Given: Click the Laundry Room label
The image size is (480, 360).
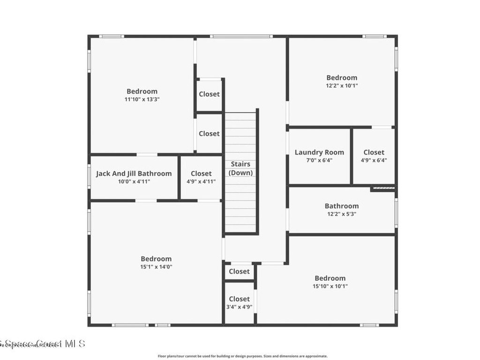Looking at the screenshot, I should tap(319, 152).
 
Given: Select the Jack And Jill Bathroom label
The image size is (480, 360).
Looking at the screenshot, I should tap(134, 173).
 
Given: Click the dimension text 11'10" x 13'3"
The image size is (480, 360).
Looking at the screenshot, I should tap(142, 99).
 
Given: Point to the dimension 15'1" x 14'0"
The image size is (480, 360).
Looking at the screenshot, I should tap(156, 267).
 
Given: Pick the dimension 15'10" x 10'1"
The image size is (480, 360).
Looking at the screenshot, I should tap(330, 286).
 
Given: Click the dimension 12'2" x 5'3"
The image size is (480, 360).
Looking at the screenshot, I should tap(342, 214).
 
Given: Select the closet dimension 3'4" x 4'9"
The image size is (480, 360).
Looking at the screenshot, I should tap(239, 307).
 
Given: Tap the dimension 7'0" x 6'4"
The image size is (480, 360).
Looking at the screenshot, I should tap(319, 160).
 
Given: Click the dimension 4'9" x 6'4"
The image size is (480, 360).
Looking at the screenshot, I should tap(374, 160).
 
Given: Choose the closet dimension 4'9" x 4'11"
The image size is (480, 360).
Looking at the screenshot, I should tap(201, 181).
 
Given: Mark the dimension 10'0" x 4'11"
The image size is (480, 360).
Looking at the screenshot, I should tap(134, 181).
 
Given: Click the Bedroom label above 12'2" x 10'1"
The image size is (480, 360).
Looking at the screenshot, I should tap(342, 78).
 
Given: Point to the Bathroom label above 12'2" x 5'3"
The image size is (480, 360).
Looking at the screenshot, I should tap(342, 206).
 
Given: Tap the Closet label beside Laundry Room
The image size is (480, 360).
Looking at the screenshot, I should tap(374, 152).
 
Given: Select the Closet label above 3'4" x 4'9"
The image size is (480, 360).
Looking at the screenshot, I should tap(239, 299).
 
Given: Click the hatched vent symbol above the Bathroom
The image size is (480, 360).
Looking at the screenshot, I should tap(383, 189).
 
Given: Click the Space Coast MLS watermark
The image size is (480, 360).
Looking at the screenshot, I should tap(42, 344).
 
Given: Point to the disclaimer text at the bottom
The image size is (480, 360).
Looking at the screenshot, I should tap(242, 356).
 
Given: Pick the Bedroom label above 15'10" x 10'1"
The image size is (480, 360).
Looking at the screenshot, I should tap(330, 278).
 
